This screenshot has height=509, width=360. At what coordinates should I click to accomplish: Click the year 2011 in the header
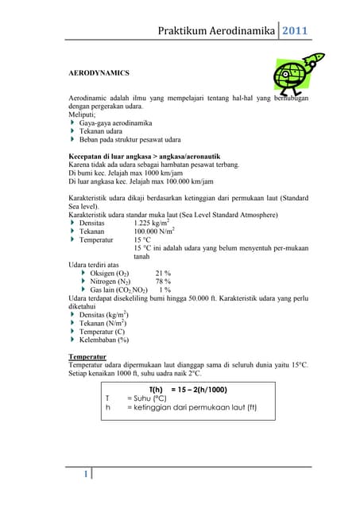[x=297, y=32]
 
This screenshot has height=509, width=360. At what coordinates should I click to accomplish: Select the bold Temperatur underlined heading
[x=90, y=358]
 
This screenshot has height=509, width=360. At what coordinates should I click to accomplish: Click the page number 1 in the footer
[x=85, y=475]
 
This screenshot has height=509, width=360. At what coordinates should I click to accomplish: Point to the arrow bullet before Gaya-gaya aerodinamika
[x=72, y=123]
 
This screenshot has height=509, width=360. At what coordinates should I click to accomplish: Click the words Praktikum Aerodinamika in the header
[x=214, y=32]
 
